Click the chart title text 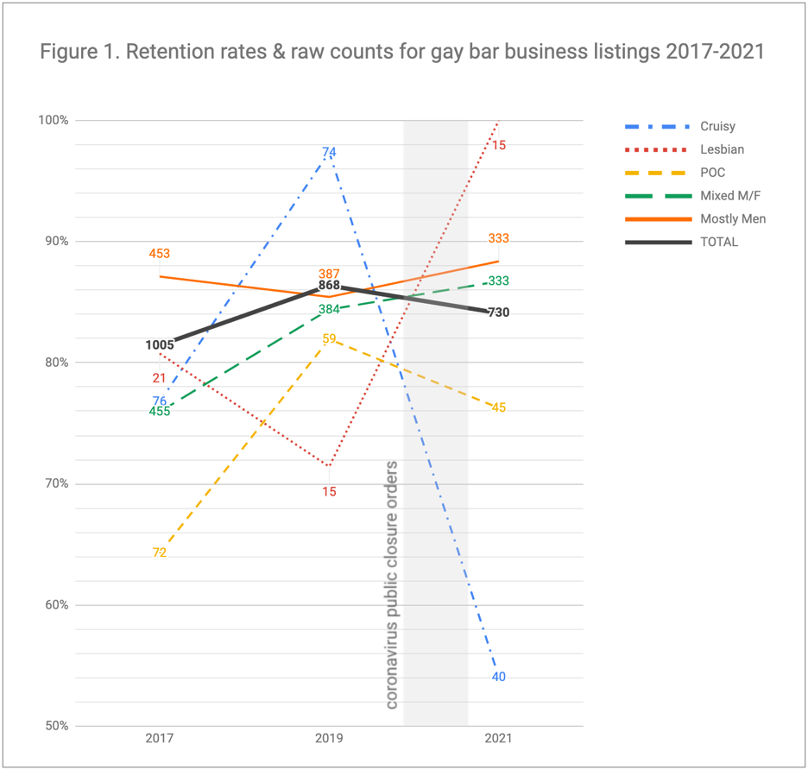402,52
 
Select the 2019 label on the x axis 329,739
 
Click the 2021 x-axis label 498,739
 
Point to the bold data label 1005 160,345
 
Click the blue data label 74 329,153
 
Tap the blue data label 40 498,677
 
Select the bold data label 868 329,285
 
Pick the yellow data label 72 160,552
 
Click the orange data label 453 160,254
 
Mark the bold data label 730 498,312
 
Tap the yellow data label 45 498,407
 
